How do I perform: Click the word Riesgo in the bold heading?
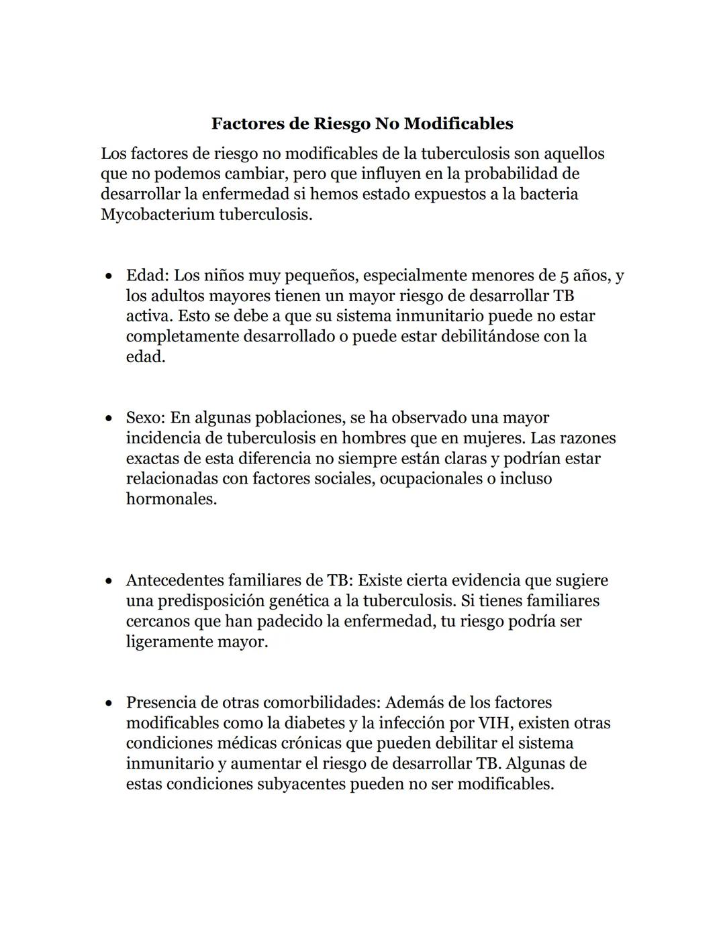[338, 124]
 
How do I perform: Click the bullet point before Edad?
[108, 276]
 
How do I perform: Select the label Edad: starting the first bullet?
[148, 276]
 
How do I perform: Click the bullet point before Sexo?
[108, 419]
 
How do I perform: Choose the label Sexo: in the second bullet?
[146, 418]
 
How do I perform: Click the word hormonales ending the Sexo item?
[171, 499]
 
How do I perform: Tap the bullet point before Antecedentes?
[108, 581]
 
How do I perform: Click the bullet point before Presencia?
[108, 704]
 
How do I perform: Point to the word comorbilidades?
[322, 702]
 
